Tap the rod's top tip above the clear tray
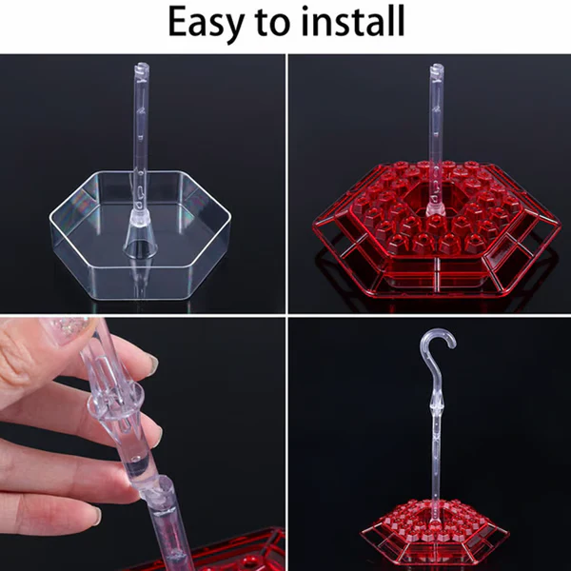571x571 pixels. click(x=141, y=69)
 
